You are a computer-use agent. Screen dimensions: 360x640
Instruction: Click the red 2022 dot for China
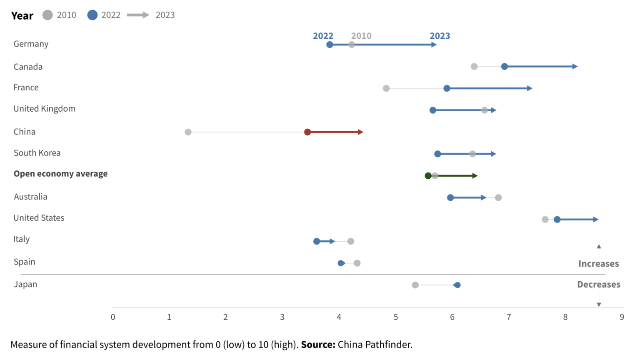coord(307,132)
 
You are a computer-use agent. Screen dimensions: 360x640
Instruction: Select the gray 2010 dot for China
coord(188,132)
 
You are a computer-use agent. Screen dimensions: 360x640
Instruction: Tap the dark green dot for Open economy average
coord(428,176)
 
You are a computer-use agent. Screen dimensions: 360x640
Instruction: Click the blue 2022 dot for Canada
coord(505,67)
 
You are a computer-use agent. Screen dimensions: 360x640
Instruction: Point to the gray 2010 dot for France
coord(386,88)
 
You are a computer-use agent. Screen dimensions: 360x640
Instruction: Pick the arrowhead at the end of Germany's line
coord(434,45)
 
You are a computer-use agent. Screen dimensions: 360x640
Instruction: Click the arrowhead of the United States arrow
coord(596,220)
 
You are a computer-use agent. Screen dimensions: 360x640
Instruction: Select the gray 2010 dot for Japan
coord(415,285)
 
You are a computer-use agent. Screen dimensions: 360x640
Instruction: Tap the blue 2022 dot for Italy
coord(317,241)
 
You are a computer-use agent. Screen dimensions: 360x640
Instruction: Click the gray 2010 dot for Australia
coord(498,197)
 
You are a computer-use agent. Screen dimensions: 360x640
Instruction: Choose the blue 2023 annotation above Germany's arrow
coord(440,36)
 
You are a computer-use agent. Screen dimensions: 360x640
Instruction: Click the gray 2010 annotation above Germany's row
coord(361,36)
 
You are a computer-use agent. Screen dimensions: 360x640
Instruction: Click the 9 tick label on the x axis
coord(622,317)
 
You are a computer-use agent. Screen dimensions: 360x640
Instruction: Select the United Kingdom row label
coord(45,109)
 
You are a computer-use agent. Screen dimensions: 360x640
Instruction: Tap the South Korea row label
coord(37,153)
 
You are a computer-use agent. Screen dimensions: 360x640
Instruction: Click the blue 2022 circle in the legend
coord(92,15)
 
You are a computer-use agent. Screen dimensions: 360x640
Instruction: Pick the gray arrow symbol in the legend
coord(138,15)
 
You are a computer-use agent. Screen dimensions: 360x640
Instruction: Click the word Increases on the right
coord(598,264)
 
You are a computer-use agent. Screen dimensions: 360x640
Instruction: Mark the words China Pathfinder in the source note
coord(375,345)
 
